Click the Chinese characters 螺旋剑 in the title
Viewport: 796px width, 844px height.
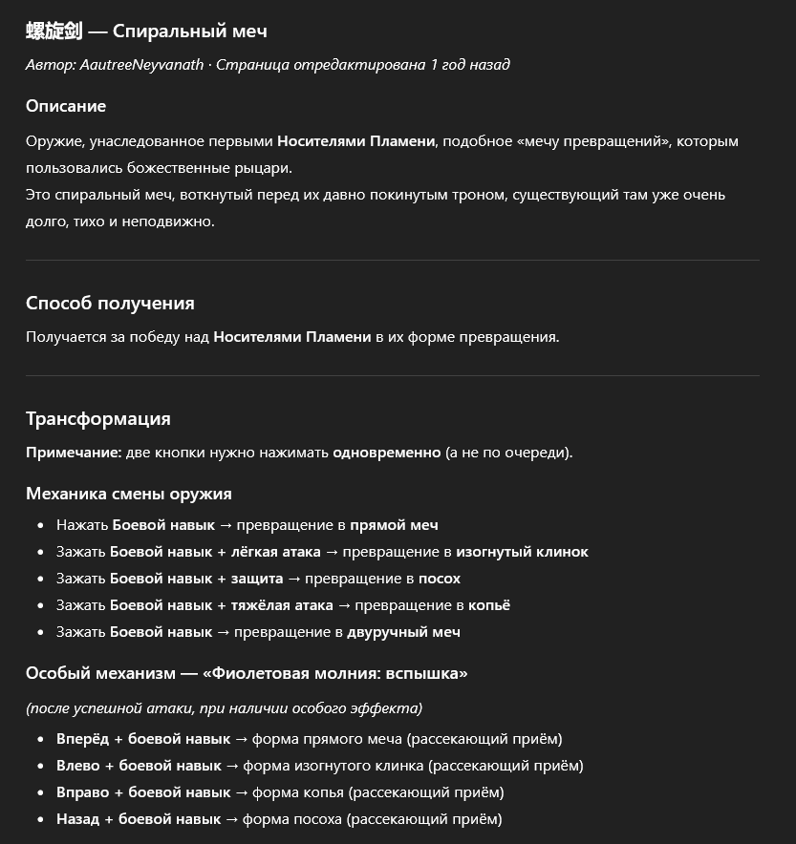(54, 32)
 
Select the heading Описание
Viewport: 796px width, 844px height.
(66, 106)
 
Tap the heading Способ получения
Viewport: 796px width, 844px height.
(110, 304)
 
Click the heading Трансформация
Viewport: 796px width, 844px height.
(98, 419)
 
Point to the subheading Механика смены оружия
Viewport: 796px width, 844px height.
(129, 494)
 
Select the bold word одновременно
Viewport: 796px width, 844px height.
(387, 453)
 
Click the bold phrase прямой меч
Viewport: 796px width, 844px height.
(394, 525)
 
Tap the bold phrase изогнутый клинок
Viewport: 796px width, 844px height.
(522, 552)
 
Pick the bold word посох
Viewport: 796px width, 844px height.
(439, 579)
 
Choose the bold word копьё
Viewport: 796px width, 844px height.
(489, 605)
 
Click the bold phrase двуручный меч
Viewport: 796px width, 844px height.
(403, 632)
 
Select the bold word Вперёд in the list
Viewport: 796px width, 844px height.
(83, 739)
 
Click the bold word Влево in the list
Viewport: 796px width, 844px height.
(78, 766)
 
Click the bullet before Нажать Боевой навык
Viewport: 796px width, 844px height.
(41, 526)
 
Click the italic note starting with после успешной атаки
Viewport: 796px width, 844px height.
(224, 708)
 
